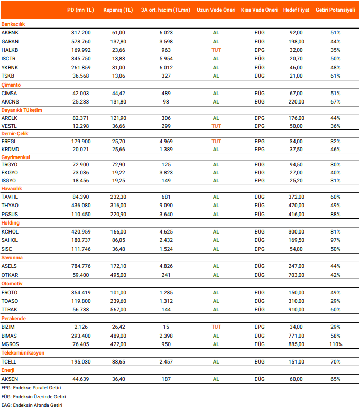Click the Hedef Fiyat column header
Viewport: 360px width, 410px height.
click(296, 10)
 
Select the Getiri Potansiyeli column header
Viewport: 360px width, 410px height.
click(335, 10)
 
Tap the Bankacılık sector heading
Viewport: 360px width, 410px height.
click(13, 24)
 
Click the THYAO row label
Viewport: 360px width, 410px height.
click(10, 206)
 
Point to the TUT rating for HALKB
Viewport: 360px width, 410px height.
click(216, 50)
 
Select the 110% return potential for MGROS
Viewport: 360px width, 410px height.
click(335, 344)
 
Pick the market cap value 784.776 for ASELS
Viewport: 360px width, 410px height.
click(81, 266)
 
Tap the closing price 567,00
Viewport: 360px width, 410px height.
click(118, 310)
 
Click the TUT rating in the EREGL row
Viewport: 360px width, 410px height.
click(216, 142)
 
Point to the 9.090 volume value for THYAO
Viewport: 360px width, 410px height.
click(166, 206)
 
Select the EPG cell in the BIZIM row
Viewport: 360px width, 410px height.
click(260, 327)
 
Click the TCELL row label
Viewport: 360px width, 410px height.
click(10, 361)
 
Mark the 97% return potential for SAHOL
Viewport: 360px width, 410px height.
click(335, 240)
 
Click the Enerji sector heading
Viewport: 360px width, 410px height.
click(9, 370)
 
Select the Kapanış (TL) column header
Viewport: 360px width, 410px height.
click(118, 10)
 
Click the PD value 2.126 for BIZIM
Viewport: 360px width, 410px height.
click(81, 327)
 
